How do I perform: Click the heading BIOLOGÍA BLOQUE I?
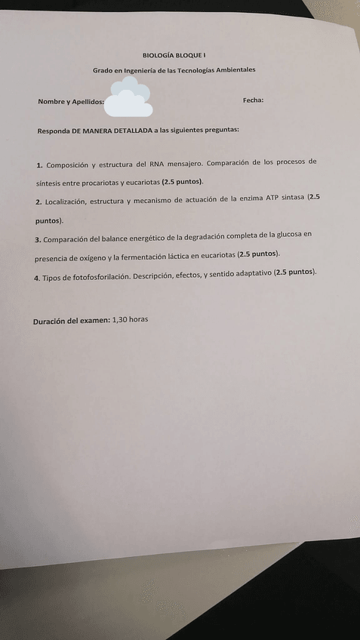click(x=174, y=55)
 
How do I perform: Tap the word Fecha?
click(x=253, y=100)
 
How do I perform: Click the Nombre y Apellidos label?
click(x=71, y=102)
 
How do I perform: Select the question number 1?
click(x=39, y=165)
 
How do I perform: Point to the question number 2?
click(x=38, y=202)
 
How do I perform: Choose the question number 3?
click(x=37, y=239)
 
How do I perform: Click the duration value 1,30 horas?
click(x=130, y=319)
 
